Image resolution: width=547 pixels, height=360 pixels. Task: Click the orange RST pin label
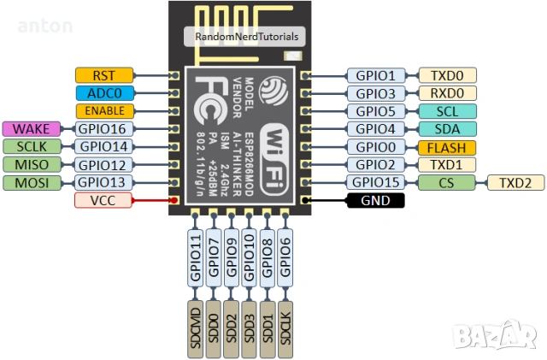point(103,75)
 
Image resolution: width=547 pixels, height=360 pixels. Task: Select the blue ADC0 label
point(103,93)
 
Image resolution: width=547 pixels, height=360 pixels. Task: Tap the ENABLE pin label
point(103,111)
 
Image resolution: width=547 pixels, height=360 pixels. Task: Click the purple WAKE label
point(32,128)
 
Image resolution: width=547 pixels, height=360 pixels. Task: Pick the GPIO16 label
point(103,129)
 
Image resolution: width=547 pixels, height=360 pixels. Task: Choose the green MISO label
point(32,164)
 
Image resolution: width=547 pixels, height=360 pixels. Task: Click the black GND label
point(374,201)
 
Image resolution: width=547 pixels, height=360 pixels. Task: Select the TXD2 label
point(515,182)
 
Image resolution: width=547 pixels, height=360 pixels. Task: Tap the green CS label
point(446,182)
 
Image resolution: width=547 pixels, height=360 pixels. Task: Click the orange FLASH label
point(446,147)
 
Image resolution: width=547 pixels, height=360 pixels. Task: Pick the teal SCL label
point(446,111)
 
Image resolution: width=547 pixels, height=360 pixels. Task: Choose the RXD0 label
point(446,93)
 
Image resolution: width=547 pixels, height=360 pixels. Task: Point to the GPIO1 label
point(375,75)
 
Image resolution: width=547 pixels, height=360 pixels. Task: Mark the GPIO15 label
point(375,182)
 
